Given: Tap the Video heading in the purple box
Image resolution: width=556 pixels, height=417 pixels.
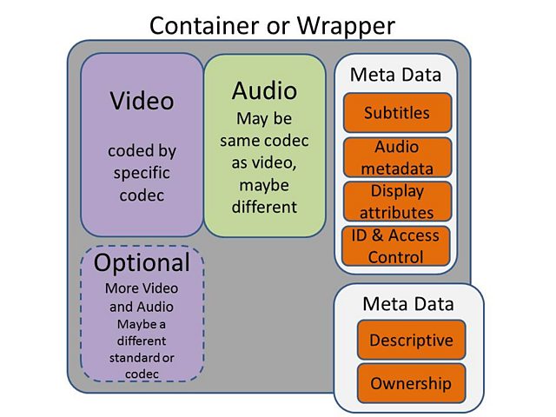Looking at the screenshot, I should (x=142, y=101).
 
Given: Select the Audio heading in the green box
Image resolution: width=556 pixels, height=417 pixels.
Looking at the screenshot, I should (x=264, y=90).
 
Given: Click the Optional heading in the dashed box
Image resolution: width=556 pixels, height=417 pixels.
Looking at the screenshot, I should (x=142, y=262).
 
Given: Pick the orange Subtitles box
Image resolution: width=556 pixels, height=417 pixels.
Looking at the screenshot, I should (x=396, y=113).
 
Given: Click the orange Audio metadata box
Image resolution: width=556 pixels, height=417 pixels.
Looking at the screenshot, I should (x=396, y=157).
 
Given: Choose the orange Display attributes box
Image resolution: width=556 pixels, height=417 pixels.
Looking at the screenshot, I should (x=396, y=201).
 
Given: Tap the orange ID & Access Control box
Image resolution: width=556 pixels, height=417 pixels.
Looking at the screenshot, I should (x=396, y=245).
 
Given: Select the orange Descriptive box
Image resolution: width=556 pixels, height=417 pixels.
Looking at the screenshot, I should (x=411, y=340).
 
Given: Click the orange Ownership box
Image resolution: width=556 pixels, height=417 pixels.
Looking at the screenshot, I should (x=411, y=383).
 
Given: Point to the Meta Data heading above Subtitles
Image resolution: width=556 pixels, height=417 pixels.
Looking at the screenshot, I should (x=396, y=75).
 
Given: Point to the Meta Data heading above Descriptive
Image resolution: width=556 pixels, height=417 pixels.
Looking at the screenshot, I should (x=408, y=304).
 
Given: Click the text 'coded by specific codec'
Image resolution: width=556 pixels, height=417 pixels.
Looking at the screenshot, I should (x=142, y=172).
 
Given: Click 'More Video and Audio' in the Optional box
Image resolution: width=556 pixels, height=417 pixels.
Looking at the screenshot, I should (x=142, y=297).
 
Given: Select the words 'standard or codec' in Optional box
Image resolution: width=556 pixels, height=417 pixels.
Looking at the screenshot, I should (x=142, y=366).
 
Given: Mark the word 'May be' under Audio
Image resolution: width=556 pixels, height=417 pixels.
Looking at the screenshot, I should (x=264, y=117).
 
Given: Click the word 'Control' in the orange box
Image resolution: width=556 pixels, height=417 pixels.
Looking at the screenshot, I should (x=396, y=256).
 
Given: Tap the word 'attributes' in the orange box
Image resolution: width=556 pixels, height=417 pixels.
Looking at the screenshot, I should (x=396, y=212).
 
